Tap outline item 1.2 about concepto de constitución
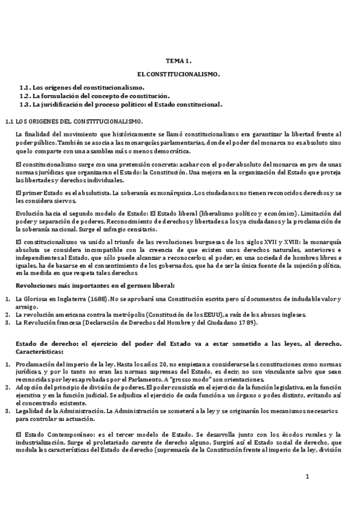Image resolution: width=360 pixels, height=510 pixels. [96, 96]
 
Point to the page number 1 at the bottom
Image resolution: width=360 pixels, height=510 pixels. [307, 477]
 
